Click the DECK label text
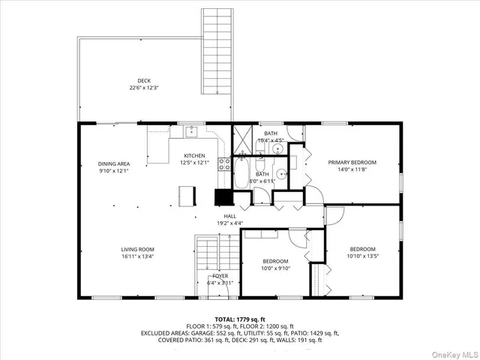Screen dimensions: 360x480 tap(143, 81)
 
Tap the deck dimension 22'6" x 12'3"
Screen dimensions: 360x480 tap(143, 88)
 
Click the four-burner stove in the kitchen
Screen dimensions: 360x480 tap(224, 166)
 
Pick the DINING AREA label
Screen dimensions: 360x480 tap(115, 163)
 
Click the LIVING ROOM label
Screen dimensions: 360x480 tap(137, 249)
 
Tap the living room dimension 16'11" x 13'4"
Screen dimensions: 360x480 tap(137, 256)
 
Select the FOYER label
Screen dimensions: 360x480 tap(220, 276)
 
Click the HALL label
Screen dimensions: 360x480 tap(229, 216)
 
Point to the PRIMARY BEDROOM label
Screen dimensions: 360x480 tap(352, 162)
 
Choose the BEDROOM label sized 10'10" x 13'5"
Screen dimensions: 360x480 tap(362, 249)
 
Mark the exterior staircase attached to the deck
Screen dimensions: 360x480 tap(215, 52)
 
